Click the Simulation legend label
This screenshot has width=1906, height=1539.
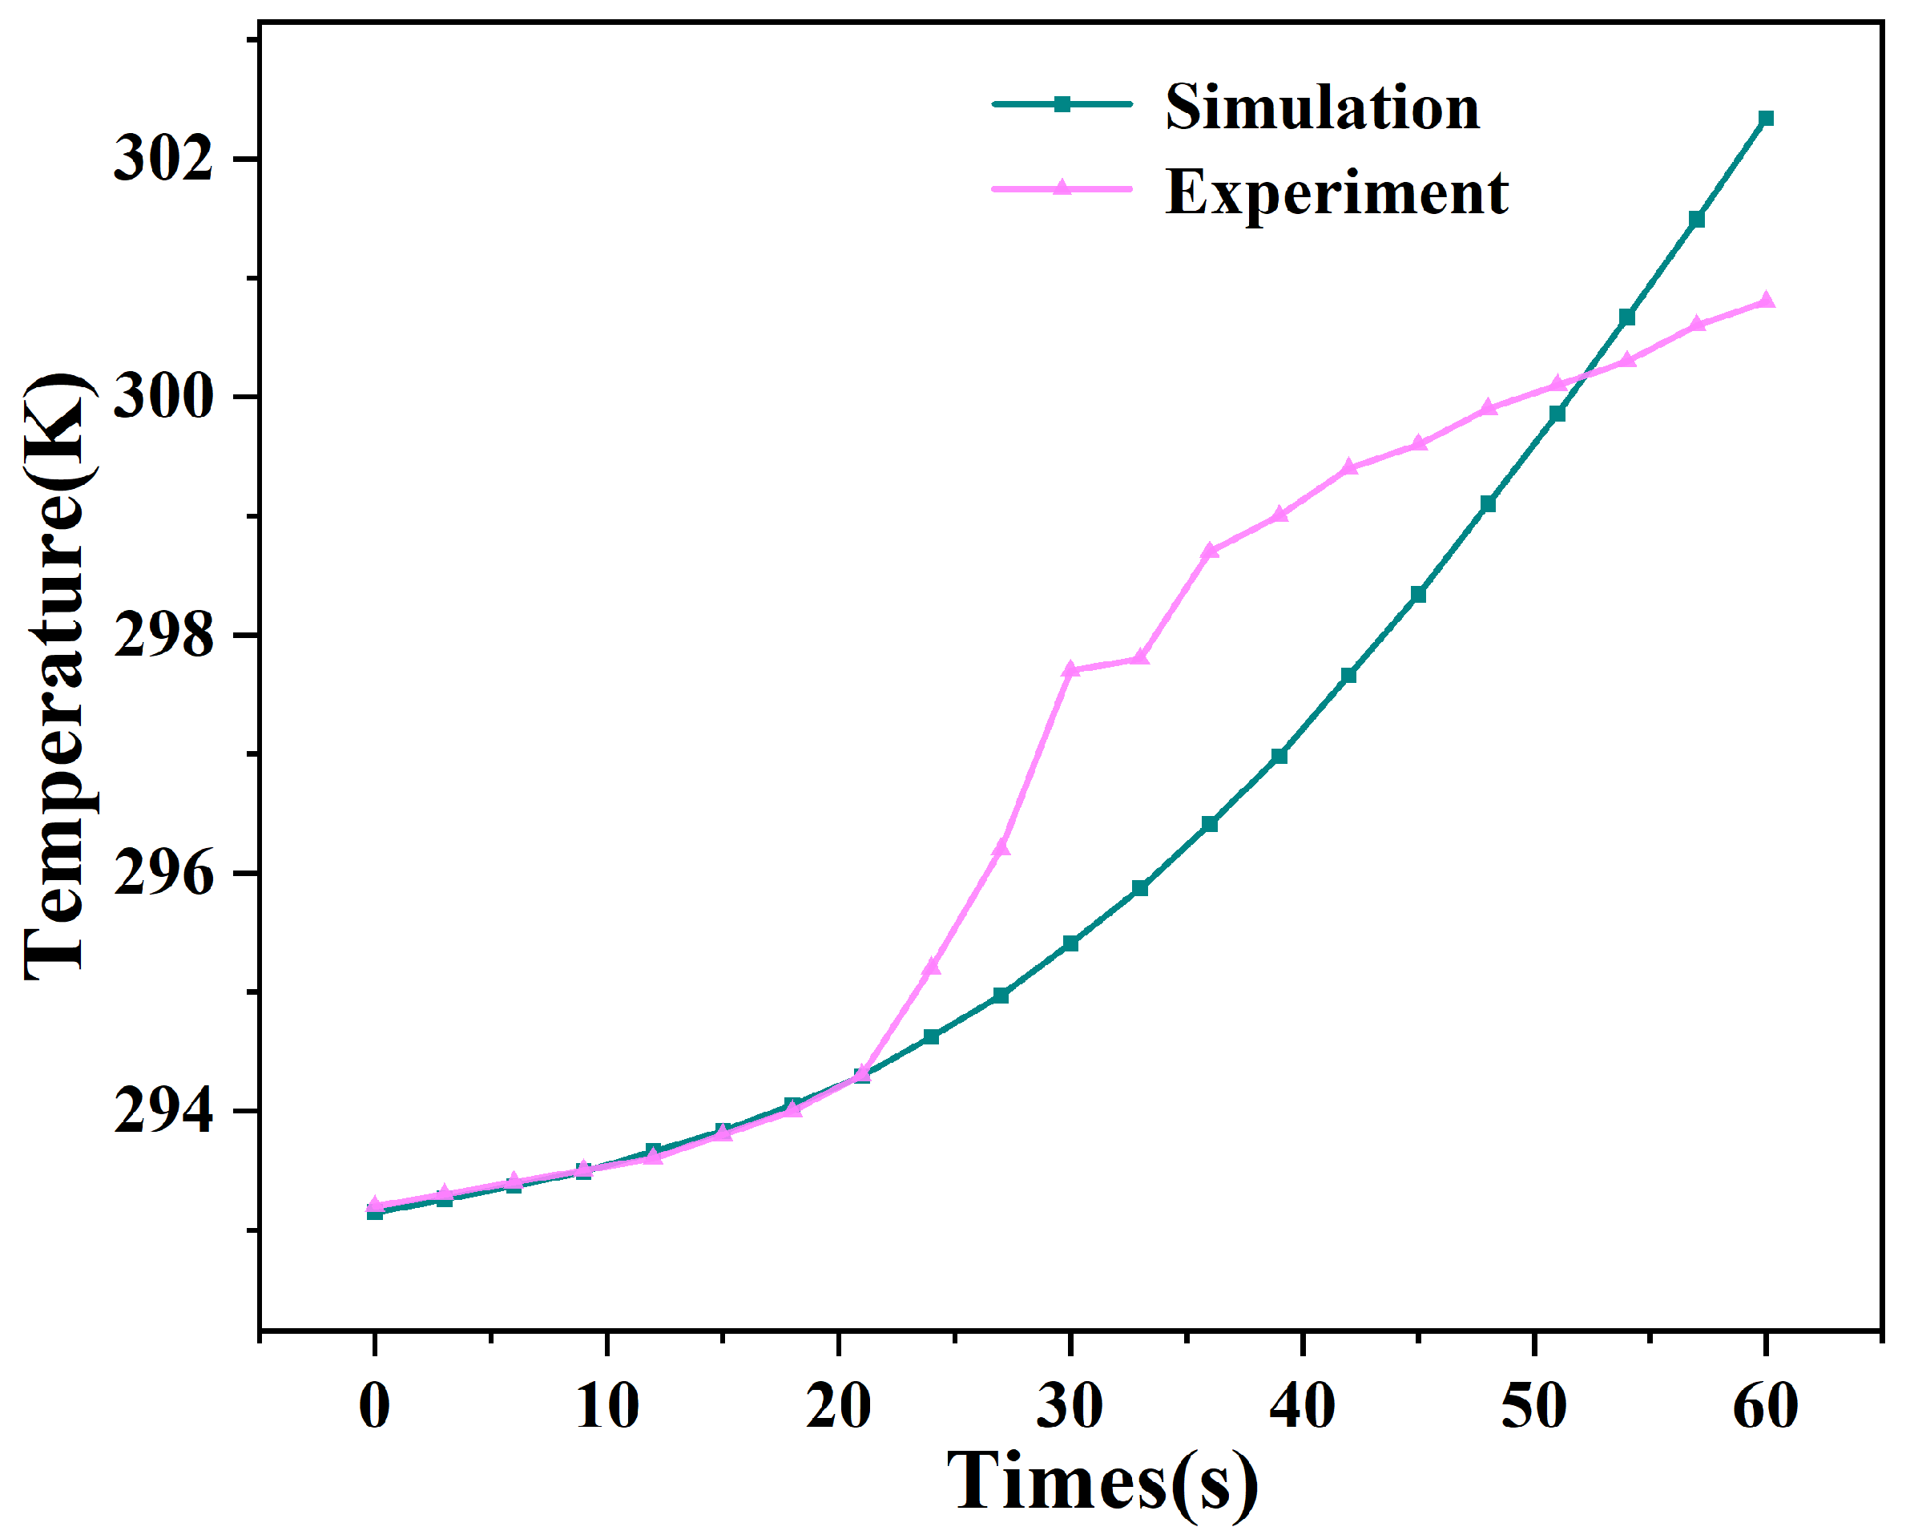(1321, 107)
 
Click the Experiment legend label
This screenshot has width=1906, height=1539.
(1336, 192)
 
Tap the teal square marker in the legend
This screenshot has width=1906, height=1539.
(1062, 103)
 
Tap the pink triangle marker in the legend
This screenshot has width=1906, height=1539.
(1062, 188)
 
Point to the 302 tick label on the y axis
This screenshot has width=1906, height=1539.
(164, 160)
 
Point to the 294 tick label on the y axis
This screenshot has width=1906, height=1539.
(164, 1111)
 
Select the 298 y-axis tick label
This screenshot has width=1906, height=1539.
(164, 636)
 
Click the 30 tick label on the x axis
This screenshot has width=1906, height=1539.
(1070, 1407)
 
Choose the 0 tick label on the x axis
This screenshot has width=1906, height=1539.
(375, 1407)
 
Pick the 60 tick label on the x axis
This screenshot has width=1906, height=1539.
(1765, 1407)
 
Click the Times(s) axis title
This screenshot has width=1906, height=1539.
(1102, 1482)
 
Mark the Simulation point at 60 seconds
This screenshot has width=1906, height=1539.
(1765, 119)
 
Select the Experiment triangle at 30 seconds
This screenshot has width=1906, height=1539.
(1070, 669)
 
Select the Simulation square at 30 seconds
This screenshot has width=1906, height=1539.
(1070, 943)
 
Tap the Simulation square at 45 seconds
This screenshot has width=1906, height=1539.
(1418, 595)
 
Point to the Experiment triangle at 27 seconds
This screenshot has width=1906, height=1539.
(1001, 847)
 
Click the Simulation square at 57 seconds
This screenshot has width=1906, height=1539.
(1696, 219)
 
